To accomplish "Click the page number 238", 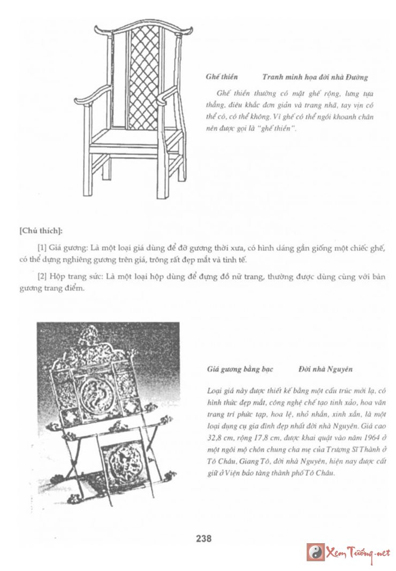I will point(204,538).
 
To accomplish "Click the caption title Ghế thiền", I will point(222,77).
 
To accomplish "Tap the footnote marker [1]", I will point(42,249).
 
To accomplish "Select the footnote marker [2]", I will point(42,277).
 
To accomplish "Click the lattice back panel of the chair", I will point(143,78).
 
